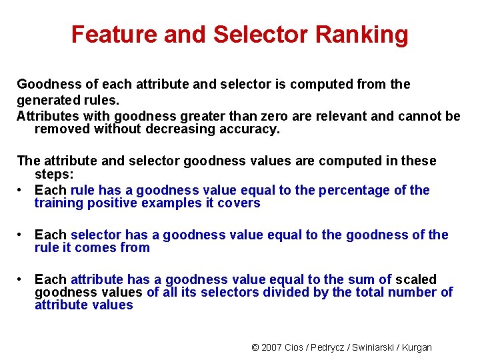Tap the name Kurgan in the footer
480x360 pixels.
pyautogui.click(x=417, y=347)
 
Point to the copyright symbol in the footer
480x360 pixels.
pyautogui.click(x=255, y=347)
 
